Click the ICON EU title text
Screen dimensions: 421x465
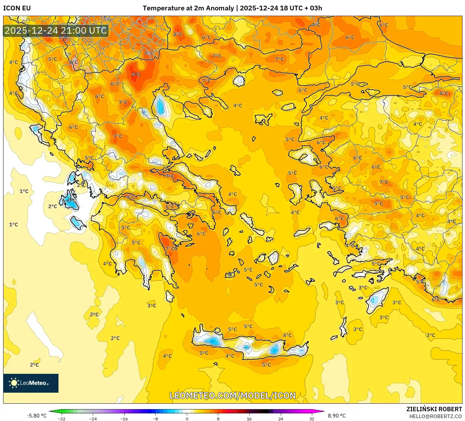click(x=17, y=8)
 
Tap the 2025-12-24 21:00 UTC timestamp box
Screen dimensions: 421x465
click(x=56, y=31)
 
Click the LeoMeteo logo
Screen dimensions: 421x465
click(x=31, y=383)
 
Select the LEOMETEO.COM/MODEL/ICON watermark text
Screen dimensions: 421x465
click(x=233, y=396)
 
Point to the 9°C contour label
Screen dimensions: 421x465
click(x=136, y=75)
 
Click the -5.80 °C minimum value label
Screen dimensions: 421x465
click(x=36, y=416)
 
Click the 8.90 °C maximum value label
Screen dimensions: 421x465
click(x=337, y=416)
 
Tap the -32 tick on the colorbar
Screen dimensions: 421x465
click(x=62, y=418)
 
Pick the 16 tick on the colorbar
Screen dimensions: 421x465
click(x=249, y=418)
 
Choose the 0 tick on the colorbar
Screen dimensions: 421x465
click(x=187, y=418)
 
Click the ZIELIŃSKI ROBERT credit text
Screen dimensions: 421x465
click(x=434, y=409)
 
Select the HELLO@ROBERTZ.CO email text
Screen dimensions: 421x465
click(x=435, y=416)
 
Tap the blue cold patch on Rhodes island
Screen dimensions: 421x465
click(x=374, y=300)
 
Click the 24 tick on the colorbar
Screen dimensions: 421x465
click(x=280, y=418)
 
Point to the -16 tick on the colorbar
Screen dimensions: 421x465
click(x=124, y=418)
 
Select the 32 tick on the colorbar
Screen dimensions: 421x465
click(x=312, y=418)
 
